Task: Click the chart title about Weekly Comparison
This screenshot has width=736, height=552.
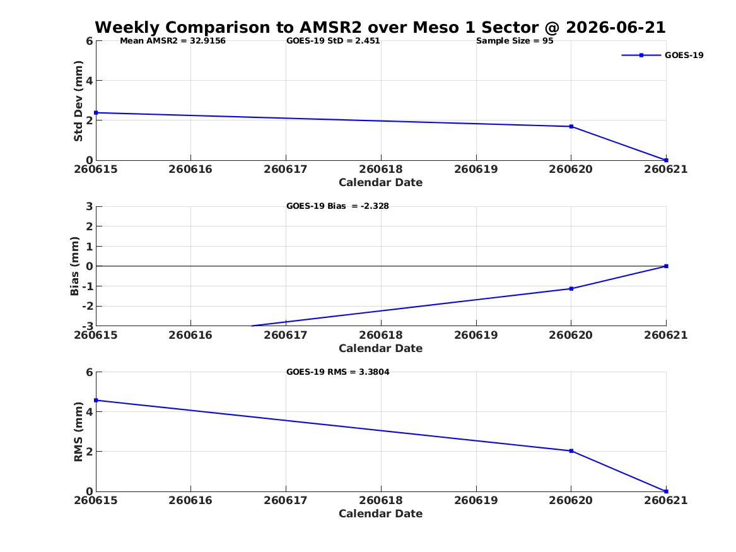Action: coord(380,27)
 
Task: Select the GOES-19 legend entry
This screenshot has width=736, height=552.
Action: coord(662,55)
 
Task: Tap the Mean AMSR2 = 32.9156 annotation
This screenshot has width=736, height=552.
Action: coord(173,41)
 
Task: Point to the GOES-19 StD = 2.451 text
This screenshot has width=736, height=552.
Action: coord(333,41)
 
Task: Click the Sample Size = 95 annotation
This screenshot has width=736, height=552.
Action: coord(515,41)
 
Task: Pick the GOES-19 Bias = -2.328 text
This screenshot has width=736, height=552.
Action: coord(337,206)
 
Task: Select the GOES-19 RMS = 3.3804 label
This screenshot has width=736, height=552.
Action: coord(338,372)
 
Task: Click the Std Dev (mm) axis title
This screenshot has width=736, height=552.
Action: coord(78,101)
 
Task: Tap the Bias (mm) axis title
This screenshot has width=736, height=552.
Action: coord(74,266)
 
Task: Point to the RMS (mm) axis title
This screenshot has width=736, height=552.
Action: coord(78,432)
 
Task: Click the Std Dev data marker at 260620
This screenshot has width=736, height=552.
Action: coord(571,126)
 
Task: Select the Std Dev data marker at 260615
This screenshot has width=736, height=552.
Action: coord(96,113)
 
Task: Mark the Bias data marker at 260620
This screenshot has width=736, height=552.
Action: coord(571,289)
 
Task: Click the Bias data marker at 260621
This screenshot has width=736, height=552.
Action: coord(666,266)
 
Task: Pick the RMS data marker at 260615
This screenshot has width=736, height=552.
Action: coord(96,401)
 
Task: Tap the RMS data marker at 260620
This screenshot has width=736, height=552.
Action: coord(571,451)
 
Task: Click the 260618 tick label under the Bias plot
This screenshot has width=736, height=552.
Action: coord(381,335)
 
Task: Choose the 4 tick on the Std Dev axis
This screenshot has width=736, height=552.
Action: coord(89,81)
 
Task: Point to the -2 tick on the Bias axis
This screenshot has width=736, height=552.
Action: coord(87,306)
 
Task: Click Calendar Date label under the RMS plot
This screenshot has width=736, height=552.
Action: coord(381,514)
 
